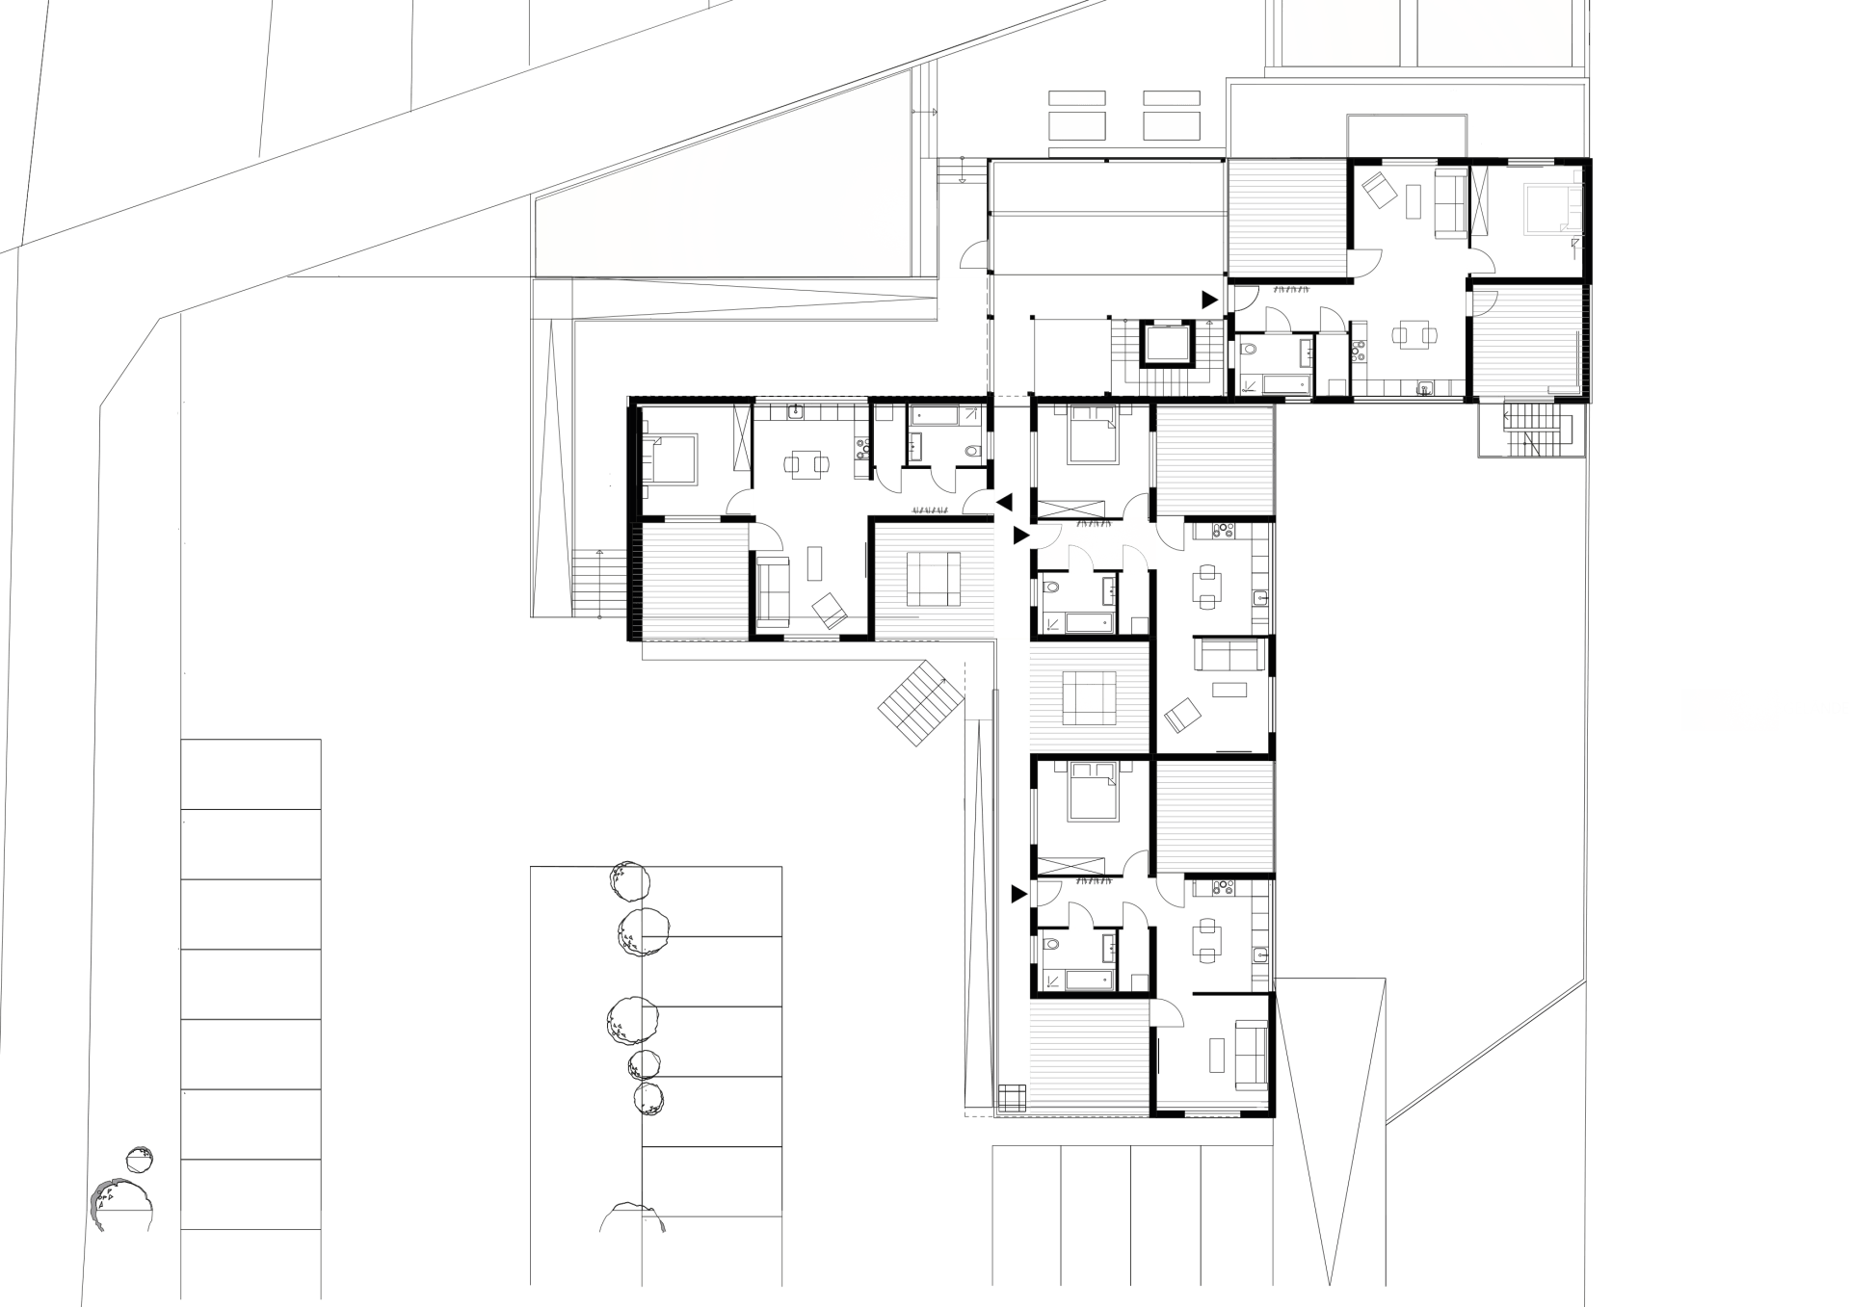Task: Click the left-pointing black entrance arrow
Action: click(x=1004, y=502)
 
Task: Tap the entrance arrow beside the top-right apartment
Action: click(x=1209, y=301)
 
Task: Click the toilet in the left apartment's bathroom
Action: click(x=972, y=450)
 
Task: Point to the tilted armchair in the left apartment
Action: click(x=829, y=610)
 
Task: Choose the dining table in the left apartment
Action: click(x=806, y=464)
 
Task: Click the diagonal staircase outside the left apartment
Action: click(x=920, y=702)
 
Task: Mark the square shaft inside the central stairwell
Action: click(x=1168, y=344)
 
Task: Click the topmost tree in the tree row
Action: click(x=629, y=880)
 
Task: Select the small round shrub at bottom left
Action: click(x=140, y=1159)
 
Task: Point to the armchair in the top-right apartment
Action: click(x=1379, y=189)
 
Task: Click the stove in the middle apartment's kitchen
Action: click(x=1223, y=530)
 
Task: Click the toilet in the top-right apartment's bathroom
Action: click(x=1250, y=350)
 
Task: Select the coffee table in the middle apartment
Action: click(x=1229, y=690)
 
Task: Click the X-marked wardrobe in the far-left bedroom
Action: click(x=742, y=438)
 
